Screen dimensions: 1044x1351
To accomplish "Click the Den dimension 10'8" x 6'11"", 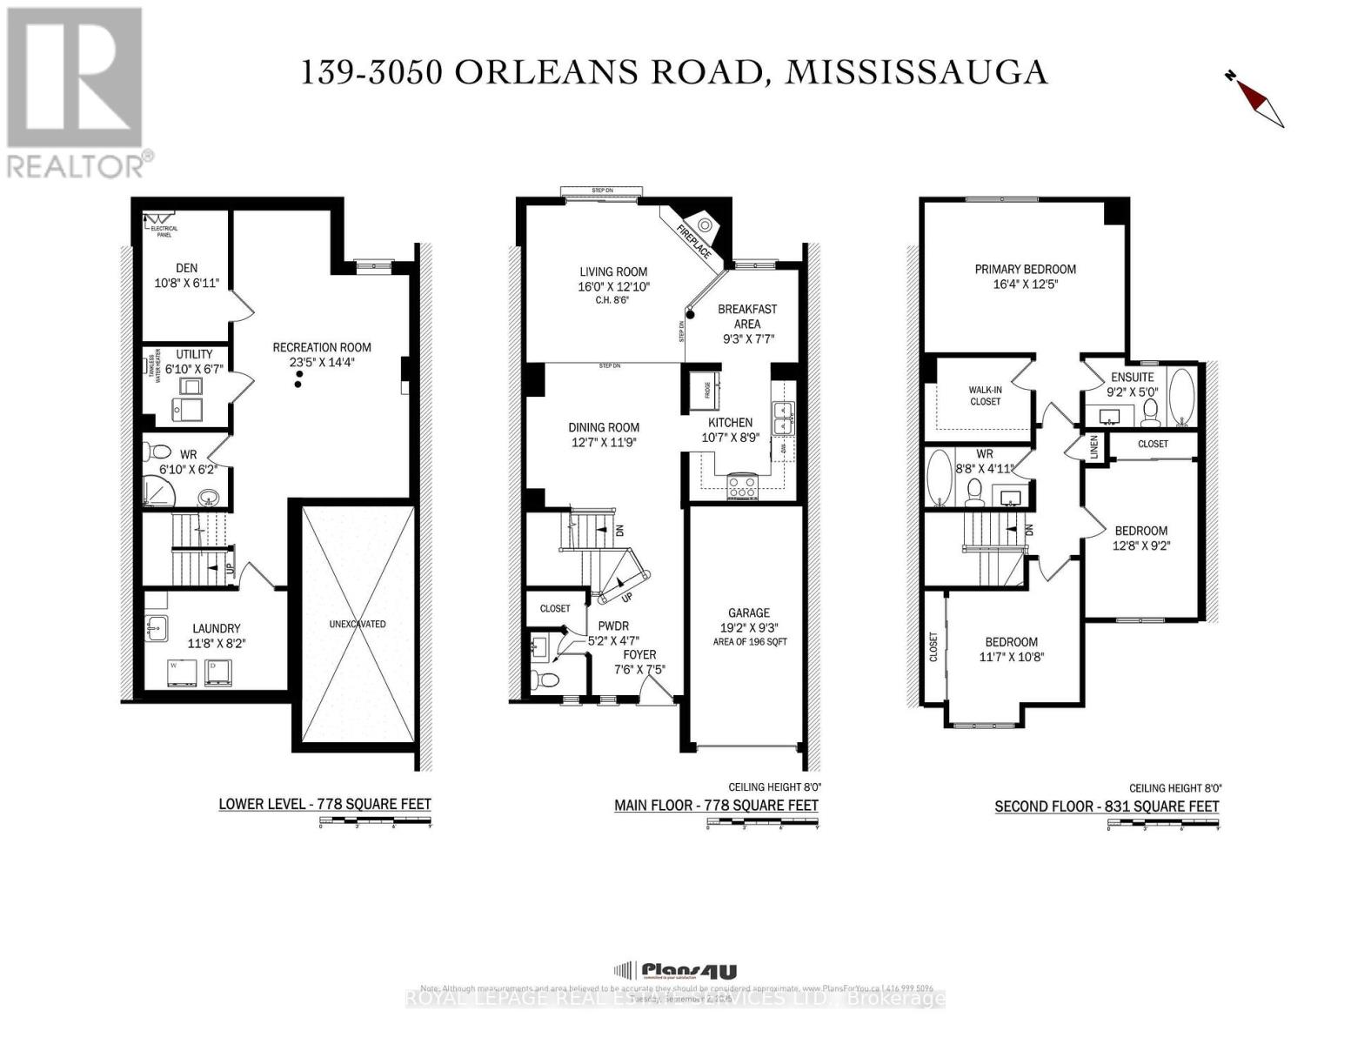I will pos(187,283).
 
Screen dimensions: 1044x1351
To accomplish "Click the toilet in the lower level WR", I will pos(159,452).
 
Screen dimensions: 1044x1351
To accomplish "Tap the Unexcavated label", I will pos(358,624).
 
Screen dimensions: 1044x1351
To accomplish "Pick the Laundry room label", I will pos(217,628).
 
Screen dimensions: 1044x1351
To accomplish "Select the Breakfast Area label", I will pos(746,316).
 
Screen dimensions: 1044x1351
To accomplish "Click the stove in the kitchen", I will pos(742,485).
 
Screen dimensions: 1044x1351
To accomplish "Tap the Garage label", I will pos(749,612).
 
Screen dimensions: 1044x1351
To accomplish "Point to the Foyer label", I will pos(639,654).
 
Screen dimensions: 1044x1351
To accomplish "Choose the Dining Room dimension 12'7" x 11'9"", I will pos(604,442).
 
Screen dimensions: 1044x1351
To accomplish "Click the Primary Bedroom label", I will pos(1025,269).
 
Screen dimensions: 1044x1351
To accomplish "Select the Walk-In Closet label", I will pos(985,396).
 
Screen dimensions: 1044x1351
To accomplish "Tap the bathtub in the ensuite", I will pos(1182,397).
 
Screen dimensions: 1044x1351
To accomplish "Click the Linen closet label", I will pos(1094,447).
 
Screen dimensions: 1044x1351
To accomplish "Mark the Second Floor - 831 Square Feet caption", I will pos(1107,806).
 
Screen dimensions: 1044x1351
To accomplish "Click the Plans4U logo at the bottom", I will pos(676,971).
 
